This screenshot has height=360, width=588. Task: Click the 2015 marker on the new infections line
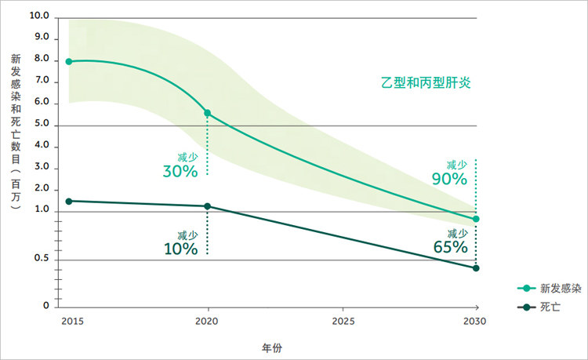pos(69,61)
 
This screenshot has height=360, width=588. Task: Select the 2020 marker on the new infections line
pos(207,114)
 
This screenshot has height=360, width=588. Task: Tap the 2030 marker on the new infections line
pos(476,219)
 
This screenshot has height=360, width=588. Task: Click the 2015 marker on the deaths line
pos(69,202)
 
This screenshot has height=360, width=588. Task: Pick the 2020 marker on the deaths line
pos(207,206)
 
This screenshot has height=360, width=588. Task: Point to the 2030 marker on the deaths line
pos(476,268)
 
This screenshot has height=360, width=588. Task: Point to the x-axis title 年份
pos(272,345)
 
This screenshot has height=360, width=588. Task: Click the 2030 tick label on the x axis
pos(474,322)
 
